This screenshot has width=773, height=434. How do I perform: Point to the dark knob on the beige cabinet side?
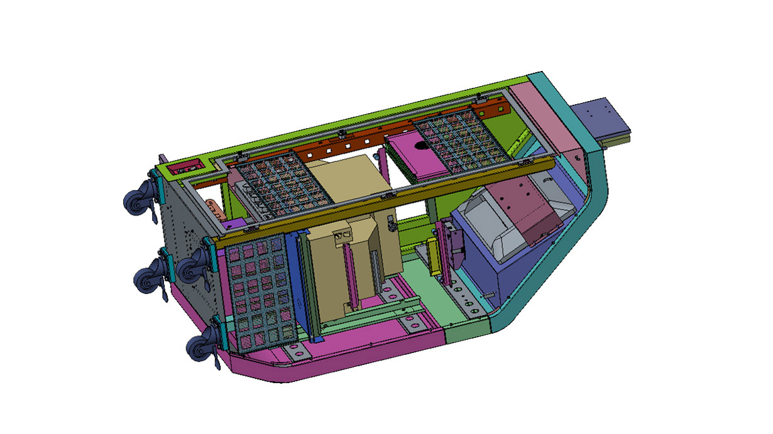391,224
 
